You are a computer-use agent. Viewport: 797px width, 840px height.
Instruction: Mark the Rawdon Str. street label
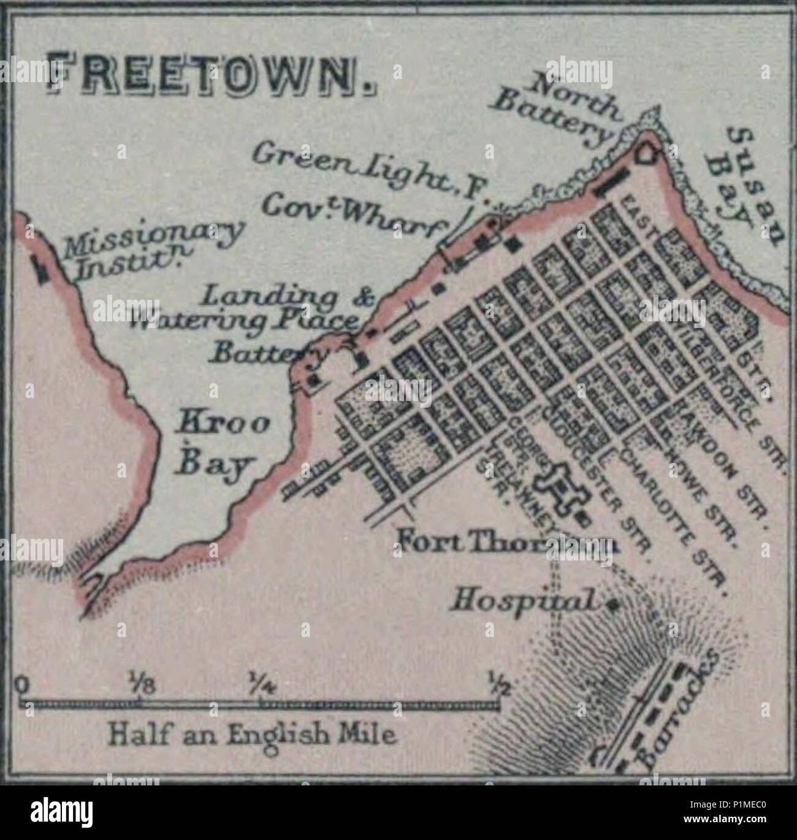[x=720, y=457]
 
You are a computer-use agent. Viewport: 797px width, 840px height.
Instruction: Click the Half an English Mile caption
[x=251, y=733]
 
